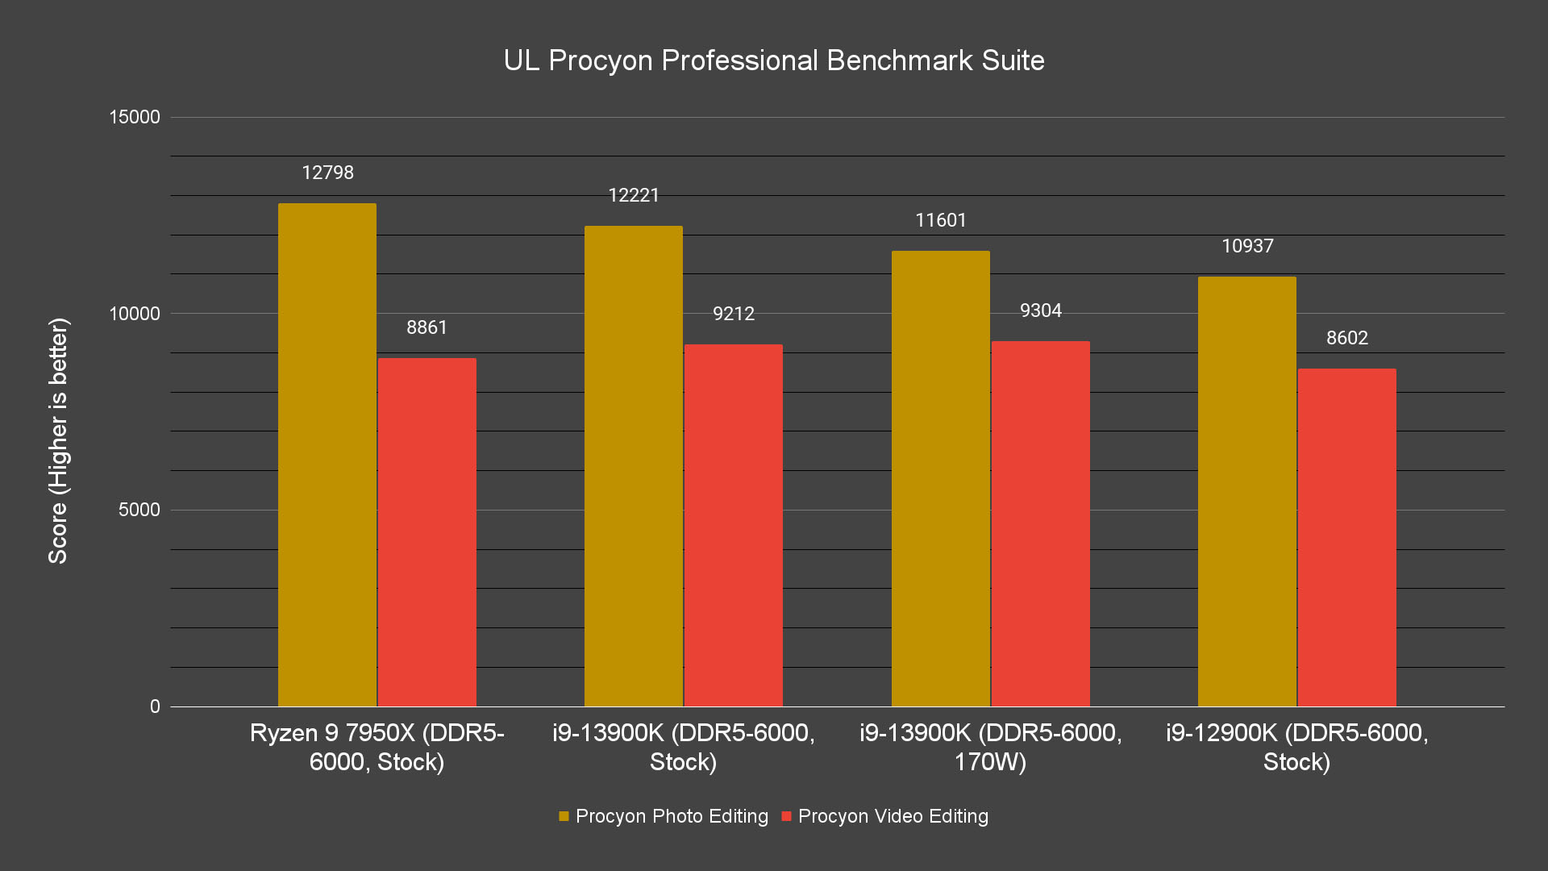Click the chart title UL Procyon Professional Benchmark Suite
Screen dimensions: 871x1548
tap(773, 60)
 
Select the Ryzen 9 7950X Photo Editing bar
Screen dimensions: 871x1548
tap(327, 455)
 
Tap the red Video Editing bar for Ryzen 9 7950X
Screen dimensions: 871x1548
tap(427, 532)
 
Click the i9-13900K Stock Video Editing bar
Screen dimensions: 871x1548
tap(733, 525)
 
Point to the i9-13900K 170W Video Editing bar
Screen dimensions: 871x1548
tap(1040, 523)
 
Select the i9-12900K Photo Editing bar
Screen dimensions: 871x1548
tap(1246, 491)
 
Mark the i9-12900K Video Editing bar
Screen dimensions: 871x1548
tap(1346, 537)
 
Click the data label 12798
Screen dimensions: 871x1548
tap(327, 173)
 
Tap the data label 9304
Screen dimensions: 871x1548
tap(1040, 310)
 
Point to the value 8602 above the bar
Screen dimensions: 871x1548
tap(1346, 338)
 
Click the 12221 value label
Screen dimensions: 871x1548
tap(634, 195)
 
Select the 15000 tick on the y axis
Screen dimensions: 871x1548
tap(135, 117)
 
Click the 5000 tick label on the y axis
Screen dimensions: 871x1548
tap(139, 510)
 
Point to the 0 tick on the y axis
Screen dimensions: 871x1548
tap(155, 706)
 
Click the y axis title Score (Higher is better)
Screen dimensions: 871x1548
tap(58, 440)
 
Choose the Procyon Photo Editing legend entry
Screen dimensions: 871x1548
tap(663, 816)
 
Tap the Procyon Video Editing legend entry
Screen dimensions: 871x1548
tap(884, 816)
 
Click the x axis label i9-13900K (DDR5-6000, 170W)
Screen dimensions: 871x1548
tap(990, 747)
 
